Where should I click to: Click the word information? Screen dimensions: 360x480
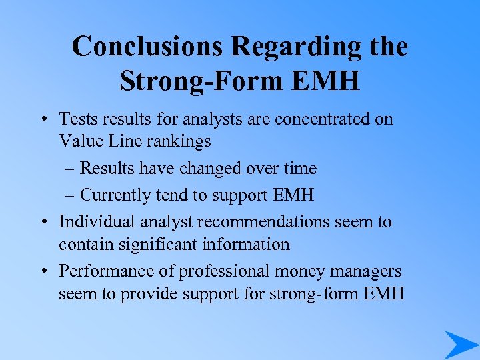[x=249, y=245]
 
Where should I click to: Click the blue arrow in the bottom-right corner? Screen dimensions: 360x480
[x=460, y=344]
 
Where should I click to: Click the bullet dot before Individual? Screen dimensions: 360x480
[x=43, y=222]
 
